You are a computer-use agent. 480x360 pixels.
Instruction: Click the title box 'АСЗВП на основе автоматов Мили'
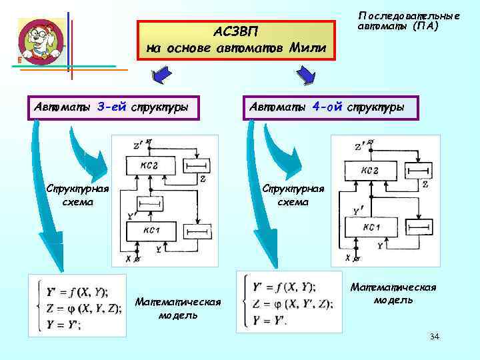coord(236,41)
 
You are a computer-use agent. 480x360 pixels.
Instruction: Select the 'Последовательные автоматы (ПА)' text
coord(408,21)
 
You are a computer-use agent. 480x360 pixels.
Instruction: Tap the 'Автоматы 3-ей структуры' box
coord(113,107)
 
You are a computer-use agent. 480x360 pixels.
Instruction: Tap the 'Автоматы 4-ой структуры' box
coord(331,107)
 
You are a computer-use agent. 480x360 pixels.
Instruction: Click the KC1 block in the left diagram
coord(150,230)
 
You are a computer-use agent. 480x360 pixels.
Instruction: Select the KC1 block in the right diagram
coord(371,229)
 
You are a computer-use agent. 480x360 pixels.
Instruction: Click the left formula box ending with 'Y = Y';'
coord(77,309)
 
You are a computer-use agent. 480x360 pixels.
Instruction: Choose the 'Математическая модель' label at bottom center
coord(177,309)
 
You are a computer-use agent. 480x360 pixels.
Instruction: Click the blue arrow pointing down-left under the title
coord(159,77)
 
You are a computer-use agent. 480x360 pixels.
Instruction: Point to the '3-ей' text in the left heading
coord(111,107)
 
